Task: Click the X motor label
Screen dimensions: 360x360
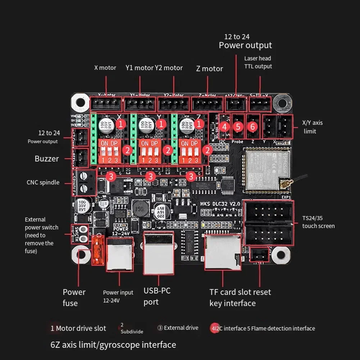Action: click(105, 68)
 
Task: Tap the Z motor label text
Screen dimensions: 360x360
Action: click(209, 69)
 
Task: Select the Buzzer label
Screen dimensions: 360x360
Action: click(47, 159)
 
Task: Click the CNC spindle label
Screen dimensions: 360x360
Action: click(43, 182)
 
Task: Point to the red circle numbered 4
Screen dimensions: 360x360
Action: click(225, 127)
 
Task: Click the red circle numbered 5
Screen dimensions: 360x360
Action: click(238, 127)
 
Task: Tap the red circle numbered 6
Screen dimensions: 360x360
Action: click(252, 127)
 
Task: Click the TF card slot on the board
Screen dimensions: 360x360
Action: click(222, 252)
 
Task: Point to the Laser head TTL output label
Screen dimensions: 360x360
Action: click(258, 62)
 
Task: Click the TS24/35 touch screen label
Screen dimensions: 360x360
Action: click(318, 222)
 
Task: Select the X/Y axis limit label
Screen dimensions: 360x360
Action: click(312, 127)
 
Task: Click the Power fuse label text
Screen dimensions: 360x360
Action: click(74, 297)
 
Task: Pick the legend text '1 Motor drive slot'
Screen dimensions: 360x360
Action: click(78, 328)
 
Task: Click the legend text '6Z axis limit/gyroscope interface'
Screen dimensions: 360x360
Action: click(113, 345)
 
